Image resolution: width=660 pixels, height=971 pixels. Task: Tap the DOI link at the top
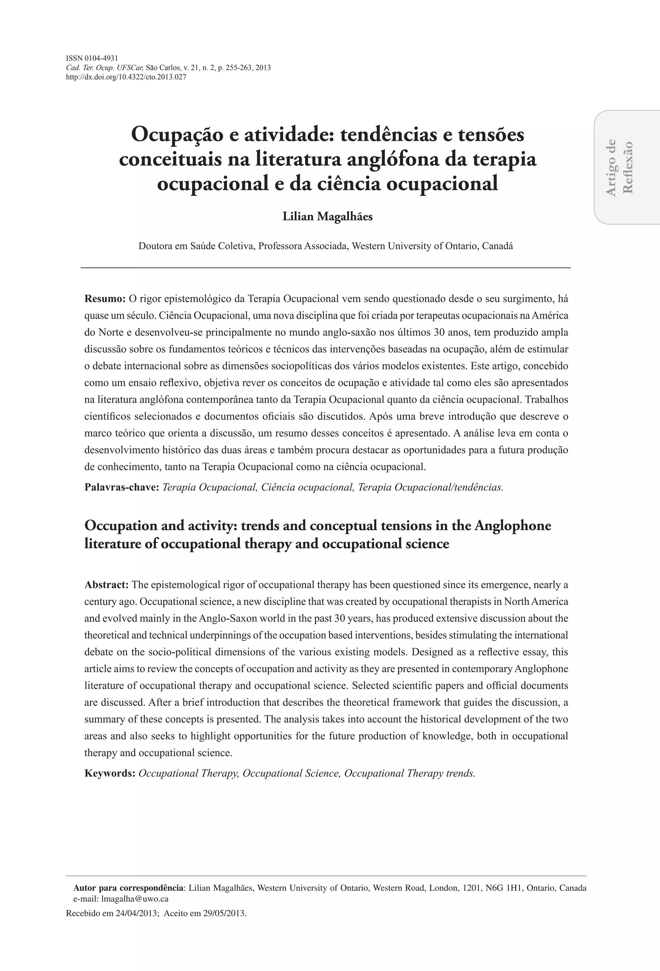[126, 77]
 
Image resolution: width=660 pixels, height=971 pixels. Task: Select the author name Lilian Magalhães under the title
[327, 217]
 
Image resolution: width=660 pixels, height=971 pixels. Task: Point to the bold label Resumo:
[105, 299]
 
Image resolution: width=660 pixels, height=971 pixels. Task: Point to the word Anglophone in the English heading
[512, 525]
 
